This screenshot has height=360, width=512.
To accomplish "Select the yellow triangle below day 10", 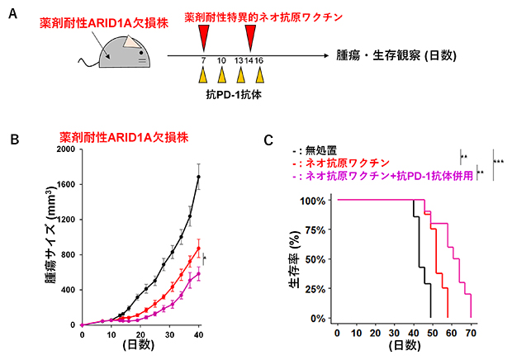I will (221, 76).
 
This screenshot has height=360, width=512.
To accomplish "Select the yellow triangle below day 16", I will (259, 76).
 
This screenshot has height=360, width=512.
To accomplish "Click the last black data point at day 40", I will (198, 177).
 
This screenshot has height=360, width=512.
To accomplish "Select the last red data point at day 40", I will (198, 248).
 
